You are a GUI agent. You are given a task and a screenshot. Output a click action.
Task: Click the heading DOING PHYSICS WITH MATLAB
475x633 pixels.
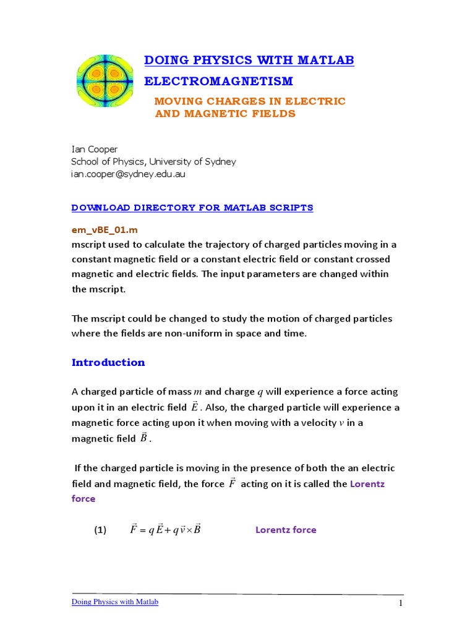(249, 60)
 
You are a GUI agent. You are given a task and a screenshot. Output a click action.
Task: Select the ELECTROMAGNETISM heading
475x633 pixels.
(218, 82)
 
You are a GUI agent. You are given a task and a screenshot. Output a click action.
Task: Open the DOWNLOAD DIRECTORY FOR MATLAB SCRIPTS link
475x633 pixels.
(192, 208)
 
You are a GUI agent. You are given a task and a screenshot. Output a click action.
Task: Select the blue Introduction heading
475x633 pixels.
(108, 362)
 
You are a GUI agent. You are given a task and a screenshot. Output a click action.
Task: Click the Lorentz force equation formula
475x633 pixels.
(166, 529)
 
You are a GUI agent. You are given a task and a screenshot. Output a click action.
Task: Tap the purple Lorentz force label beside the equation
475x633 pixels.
(286, 530)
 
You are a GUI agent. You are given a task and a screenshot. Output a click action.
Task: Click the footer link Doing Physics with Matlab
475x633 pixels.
(115, 602)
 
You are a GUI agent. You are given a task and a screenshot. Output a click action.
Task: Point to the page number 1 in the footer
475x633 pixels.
(401, 603)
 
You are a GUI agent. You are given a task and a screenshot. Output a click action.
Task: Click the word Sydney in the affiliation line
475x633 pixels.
(221, 161)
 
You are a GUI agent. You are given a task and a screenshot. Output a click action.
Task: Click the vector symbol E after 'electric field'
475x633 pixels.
(195, 407)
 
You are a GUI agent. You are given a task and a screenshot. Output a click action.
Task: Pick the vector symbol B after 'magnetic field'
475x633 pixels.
(143, 438)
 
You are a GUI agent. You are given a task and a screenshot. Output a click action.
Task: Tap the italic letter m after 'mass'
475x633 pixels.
(198, 392)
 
